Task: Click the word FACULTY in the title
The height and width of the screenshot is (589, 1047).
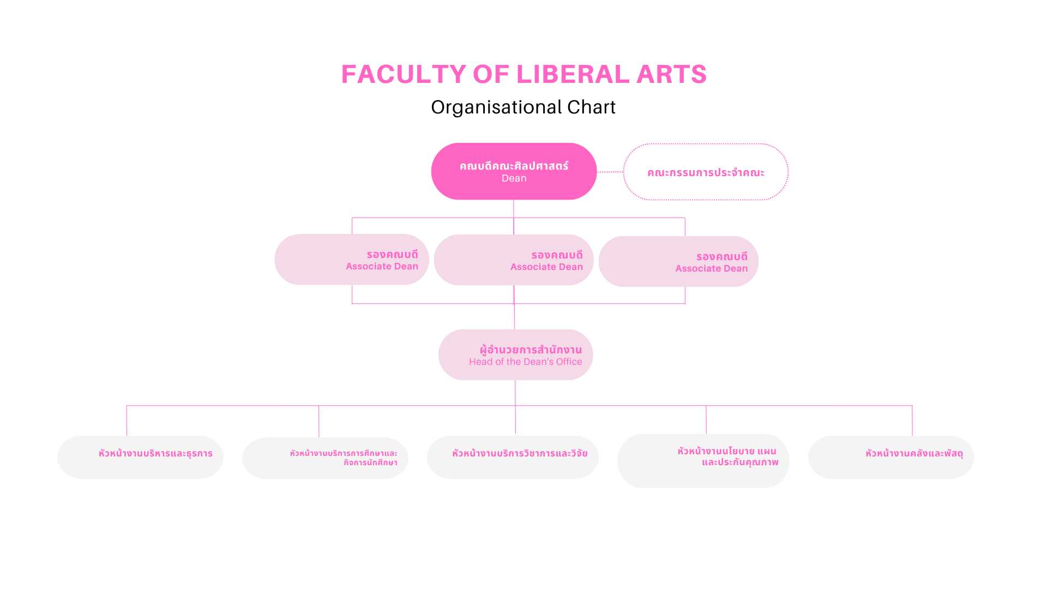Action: pos(404,74)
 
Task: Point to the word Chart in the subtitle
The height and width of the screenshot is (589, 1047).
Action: pos(591,107)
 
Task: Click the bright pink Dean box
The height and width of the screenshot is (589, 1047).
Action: pos(514,171)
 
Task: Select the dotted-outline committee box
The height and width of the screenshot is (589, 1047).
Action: pos(706,172)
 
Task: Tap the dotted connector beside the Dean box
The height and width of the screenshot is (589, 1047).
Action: pos(610,172)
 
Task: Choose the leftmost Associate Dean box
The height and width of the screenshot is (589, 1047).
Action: pos(352,260)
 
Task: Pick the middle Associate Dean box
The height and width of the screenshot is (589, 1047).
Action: pos(514,260)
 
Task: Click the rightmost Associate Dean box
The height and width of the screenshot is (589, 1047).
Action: pos(678,261)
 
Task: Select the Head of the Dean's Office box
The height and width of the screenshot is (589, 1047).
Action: pos(515,354)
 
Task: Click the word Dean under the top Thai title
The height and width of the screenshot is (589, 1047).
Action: pos(514,178)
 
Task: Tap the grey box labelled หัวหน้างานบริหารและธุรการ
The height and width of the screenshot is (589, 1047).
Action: pos(140,457)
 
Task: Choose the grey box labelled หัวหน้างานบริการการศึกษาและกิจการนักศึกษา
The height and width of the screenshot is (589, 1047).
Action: pos(325,458)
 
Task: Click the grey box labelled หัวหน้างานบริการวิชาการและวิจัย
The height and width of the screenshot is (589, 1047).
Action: pos(513,457)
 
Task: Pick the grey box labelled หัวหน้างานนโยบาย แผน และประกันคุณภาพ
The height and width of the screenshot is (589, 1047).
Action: pos(703,461)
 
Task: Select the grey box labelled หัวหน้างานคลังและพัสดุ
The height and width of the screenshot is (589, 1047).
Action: pos(890,457)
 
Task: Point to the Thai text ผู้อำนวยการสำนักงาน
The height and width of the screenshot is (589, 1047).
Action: pos(531,349)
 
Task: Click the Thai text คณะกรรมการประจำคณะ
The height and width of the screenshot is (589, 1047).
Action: pos(706,172)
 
